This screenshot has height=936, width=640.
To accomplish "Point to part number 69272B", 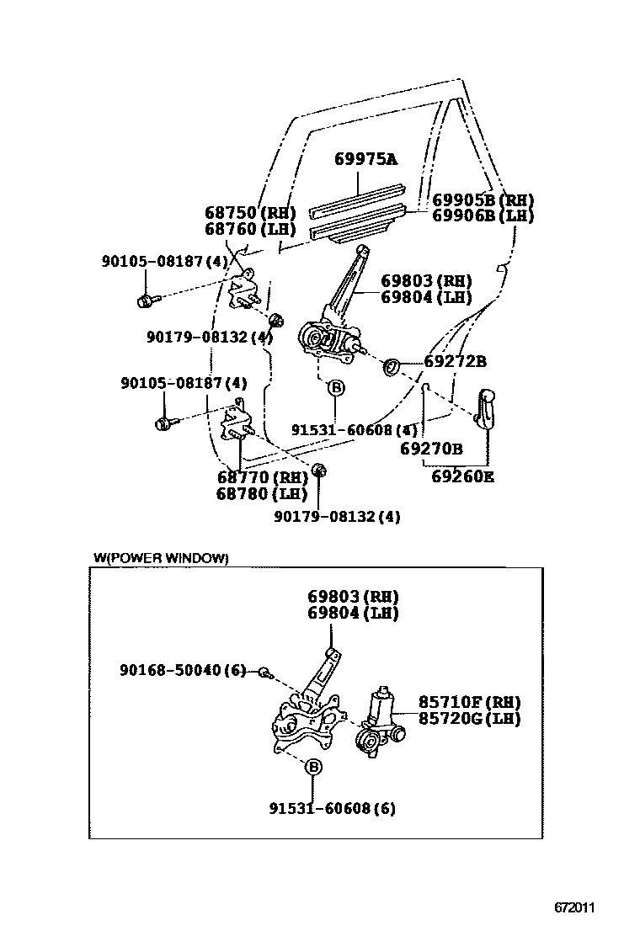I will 455,362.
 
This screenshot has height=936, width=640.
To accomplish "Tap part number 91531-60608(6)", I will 332,809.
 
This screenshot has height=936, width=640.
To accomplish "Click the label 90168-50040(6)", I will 183,670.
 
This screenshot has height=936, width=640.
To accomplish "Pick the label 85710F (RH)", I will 469,702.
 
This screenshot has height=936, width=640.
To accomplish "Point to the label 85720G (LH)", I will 469,719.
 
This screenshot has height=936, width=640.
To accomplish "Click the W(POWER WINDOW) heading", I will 160,557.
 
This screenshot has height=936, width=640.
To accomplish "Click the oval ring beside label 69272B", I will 392,366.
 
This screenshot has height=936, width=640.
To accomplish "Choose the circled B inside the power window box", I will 312,767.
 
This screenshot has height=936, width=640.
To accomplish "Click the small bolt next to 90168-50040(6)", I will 264,672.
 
